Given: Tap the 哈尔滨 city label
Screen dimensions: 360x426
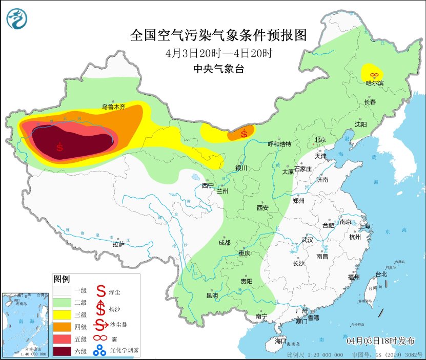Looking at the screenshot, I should (x=374, y=83).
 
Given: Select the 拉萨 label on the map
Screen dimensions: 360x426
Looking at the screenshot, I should (x=118, y=244).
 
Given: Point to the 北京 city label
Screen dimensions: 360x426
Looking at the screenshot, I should (x=320, y=139).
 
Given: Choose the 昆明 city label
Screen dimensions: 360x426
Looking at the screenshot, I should (x=212, y=295).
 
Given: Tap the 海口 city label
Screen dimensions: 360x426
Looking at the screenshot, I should (x=280, y=341).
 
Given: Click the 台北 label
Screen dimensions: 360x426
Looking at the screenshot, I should (x=381, y=274).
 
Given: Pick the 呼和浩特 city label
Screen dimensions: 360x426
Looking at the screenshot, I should (x=279, y=144).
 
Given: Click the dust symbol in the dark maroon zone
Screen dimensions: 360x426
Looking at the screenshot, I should (x=60, y=147).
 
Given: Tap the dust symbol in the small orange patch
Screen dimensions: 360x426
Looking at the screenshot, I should (x=244, y=134).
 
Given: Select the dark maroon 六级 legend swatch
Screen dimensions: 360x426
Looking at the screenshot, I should (x=63, y=351).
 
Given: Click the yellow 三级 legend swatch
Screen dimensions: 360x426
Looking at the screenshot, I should (x=63, y=314).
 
